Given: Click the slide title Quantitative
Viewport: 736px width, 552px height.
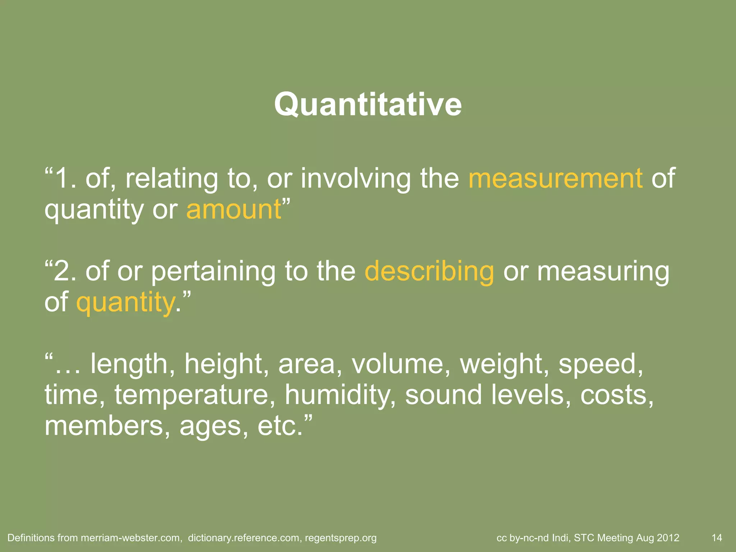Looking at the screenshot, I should point(368,105).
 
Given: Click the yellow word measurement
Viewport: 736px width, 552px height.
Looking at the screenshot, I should point(556,178).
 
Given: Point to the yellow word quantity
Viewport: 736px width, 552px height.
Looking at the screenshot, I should point(125,303).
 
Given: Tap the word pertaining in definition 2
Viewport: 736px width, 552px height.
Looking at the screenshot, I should point(213,272).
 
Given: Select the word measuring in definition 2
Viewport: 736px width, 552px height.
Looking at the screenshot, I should point(603,272).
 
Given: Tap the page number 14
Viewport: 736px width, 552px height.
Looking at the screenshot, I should point(717,538).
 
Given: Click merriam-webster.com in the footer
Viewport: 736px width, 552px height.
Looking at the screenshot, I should point(130,538).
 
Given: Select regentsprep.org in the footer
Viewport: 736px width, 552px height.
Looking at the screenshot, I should point(341,538).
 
